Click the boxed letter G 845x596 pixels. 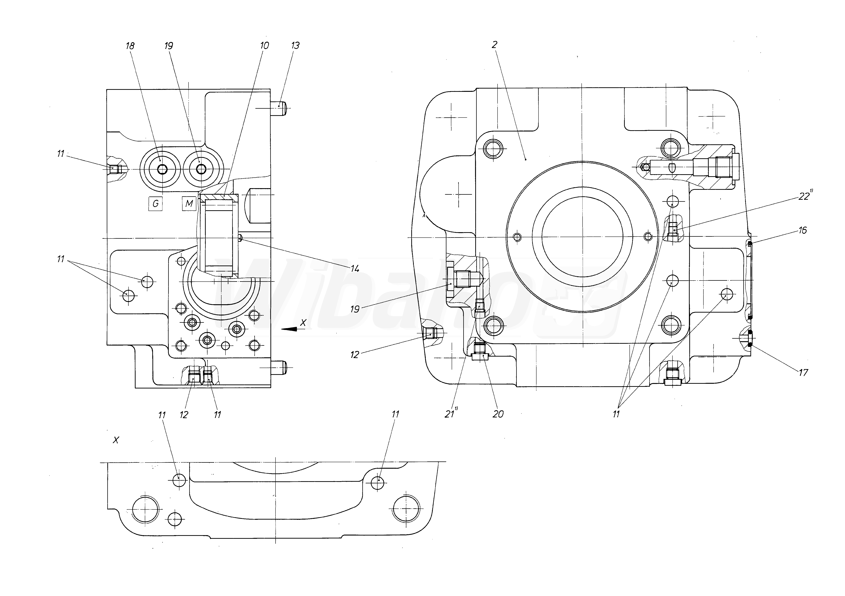[x=155, y=203]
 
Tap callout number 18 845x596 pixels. [x=130, y=46]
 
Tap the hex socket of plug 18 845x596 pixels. [x=162, y=170]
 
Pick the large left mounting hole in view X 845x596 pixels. [x=145, y=509]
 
